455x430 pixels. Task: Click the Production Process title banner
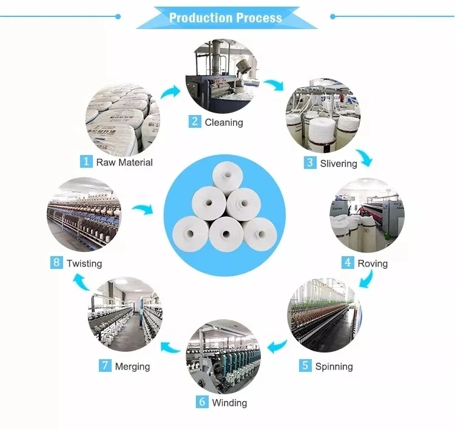(x=226, y=18)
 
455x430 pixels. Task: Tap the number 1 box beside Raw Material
(x=87, y=162)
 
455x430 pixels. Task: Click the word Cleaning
(x=224, y=122)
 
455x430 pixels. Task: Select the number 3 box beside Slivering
(x=310, y=163)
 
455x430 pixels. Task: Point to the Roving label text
(x=372, y=263)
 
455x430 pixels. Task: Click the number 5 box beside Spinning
(x=305, y=366)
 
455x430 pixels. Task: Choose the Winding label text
(x=229, y=403)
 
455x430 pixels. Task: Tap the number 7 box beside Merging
(x=105, y=366)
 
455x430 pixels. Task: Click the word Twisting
(x=84, y=263)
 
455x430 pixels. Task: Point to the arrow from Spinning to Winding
(x=277, y=347)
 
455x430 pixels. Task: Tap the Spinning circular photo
(x=323, y=315)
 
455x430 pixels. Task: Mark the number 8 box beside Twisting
(x=56, y=263)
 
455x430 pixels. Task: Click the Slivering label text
(x=339, y=164)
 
